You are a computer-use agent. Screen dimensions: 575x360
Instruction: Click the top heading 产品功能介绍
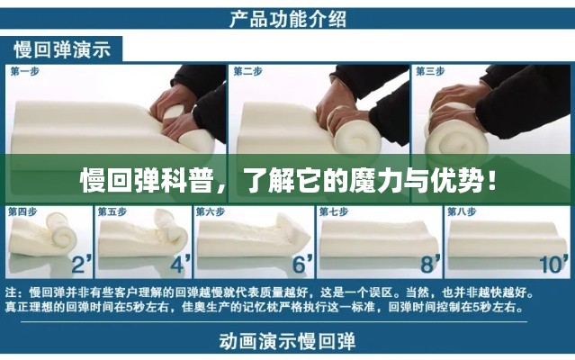click(288, 19)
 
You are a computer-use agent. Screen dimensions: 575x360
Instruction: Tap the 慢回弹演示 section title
click(62, 49)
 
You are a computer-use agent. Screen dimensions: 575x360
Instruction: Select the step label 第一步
click(25, 71)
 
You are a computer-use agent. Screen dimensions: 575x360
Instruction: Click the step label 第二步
click(247, 71)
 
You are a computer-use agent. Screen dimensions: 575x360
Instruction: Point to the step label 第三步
click(430, 71)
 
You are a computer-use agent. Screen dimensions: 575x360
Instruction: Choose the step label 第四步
click(22, 211)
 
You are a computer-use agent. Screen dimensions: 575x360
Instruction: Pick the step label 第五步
click(112, 211)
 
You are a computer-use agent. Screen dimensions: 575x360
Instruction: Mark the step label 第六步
click(211, 211)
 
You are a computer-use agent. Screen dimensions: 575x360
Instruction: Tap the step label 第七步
click(334, 211)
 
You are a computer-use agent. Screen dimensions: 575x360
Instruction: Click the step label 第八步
click(462, 211)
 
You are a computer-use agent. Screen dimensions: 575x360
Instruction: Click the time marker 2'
click(81, 264)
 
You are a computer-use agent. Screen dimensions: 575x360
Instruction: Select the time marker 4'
click(181, 264)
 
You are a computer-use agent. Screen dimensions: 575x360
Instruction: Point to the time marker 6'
click(302, 264)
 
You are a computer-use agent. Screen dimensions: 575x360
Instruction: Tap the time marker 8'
click(430, 264)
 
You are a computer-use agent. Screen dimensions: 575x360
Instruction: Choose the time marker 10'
click(553, 265)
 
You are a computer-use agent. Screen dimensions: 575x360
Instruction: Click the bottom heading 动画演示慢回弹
click(288, 341)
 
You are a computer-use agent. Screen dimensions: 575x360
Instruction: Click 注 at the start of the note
click(11, 292)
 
